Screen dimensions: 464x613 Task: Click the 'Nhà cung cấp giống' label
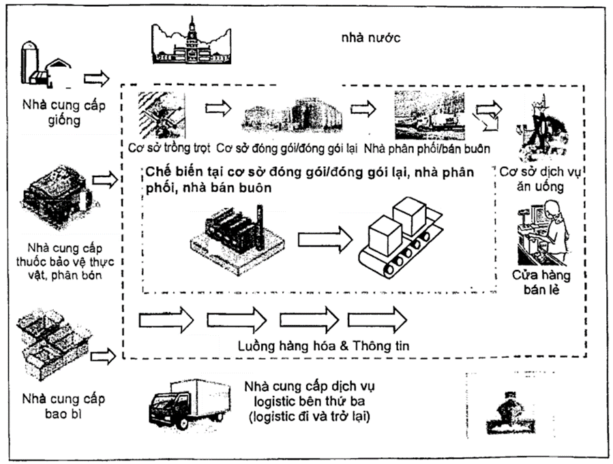(x=59, y=113)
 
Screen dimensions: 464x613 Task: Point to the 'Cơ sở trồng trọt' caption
(x=169, y=147)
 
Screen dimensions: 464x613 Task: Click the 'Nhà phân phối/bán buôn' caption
(x=428, y=147)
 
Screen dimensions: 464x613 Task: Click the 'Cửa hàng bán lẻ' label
(x=543, y=283)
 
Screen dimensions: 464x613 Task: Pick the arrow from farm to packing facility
(x=218, y=108)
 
